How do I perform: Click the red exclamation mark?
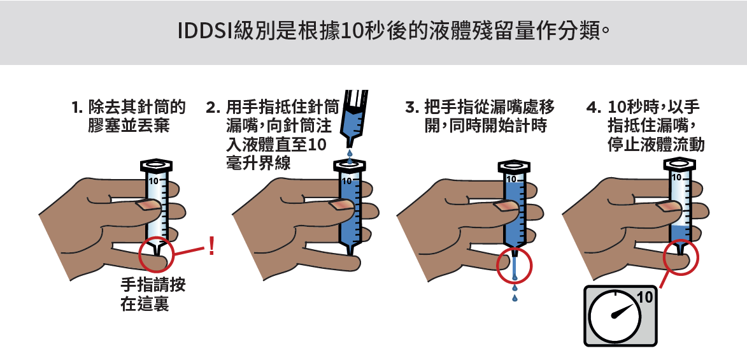point(211,245)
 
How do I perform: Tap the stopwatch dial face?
point(614,317)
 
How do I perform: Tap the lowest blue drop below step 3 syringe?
point(515,298)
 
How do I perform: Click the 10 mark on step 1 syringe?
point(153,181)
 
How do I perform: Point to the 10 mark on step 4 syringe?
point(676,177)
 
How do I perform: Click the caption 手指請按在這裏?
point(153,294)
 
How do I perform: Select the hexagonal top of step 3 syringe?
point(514,166)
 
